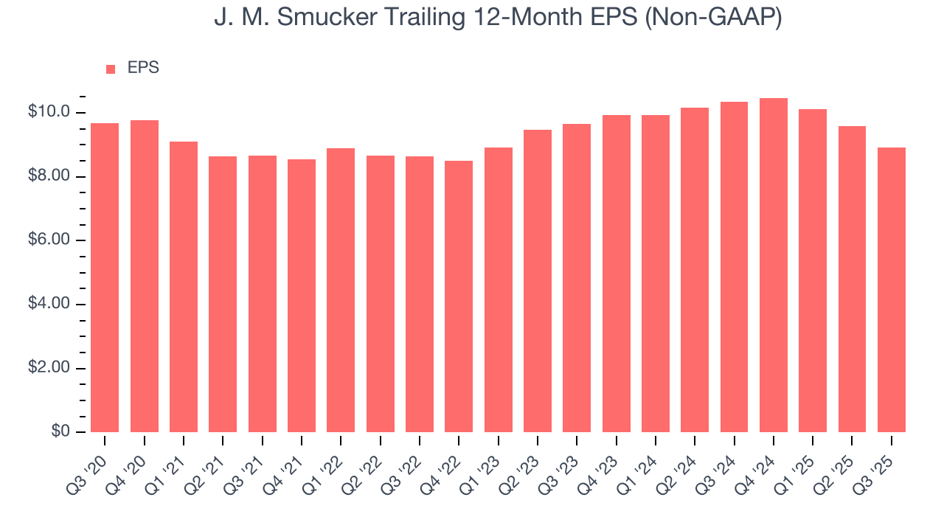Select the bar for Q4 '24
(x=774, y=265)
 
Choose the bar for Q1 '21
(x=184, y=287)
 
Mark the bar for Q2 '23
(x=538, y=281)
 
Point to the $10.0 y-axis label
(x=49, y=112)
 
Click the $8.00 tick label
(x=49, y=176)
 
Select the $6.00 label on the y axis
(x=49, y=240)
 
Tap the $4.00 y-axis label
(x=49, y=304)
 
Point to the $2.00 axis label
(x=49, y=368)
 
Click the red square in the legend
(x=111, y=69)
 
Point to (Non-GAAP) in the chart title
(x=714, y=19)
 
